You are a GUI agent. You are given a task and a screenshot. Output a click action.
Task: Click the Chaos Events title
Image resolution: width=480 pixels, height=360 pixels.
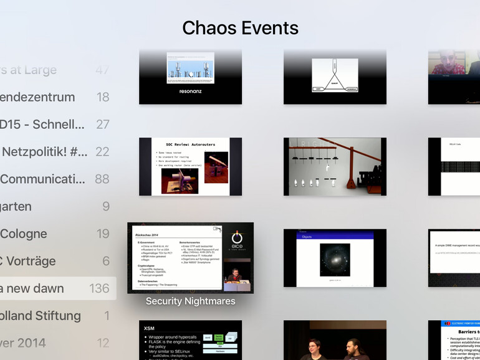(240, 28)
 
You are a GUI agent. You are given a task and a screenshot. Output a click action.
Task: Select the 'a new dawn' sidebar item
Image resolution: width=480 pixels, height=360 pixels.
(32, 288)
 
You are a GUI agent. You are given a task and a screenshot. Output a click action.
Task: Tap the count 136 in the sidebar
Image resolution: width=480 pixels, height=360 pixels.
(99, 288)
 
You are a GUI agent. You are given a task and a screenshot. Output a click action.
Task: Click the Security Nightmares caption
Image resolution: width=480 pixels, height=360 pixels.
(190, 301)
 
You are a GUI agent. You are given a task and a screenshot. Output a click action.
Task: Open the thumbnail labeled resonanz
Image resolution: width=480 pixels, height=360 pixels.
(190, 77)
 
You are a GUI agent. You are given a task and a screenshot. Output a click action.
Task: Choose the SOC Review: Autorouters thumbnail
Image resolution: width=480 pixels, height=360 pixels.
(190, 166)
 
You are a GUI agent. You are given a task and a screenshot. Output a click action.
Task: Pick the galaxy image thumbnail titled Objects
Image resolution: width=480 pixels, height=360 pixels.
(335, 258)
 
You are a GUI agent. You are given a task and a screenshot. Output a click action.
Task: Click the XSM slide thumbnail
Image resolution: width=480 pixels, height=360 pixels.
(190, 340)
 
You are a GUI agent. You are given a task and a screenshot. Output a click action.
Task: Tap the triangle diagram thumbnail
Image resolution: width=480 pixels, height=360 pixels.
(335, 77)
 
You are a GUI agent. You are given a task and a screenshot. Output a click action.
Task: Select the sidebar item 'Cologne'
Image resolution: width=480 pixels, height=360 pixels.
(24, 234)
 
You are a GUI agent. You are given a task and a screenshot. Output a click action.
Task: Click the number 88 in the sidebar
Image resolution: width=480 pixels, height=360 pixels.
(102, 179)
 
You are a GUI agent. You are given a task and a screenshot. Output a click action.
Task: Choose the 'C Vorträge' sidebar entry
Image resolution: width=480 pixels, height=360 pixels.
(28, 261)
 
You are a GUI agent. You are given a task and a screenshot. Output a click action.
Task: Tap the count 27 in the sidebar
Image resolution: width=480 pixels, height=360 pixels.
(102, 124)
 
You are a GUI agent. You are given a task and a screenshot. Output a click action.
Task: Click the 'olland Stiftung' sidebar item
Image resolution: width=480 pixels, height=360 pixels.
(41, 316)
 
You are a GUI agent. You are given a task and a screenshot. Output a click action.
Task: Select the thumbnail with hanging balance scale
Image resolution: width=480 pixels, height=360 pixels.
(335, 166)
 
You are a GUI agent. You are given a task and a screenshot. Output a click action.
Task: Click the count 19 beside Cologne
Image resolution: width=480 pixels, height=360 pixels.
(103, 234)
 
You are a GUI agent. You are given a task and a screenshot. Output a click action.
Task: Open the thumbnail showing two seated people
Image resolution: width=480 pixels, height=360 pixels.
(335, 340)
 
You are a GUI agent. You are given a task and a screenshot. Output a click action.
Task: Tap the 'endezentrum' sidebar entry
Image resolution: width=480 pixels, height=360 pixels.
(37, 97)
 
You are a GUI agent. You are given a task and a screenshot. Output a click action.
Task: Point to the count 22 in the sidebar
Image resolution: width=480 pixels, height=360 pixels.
(102, 151)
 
